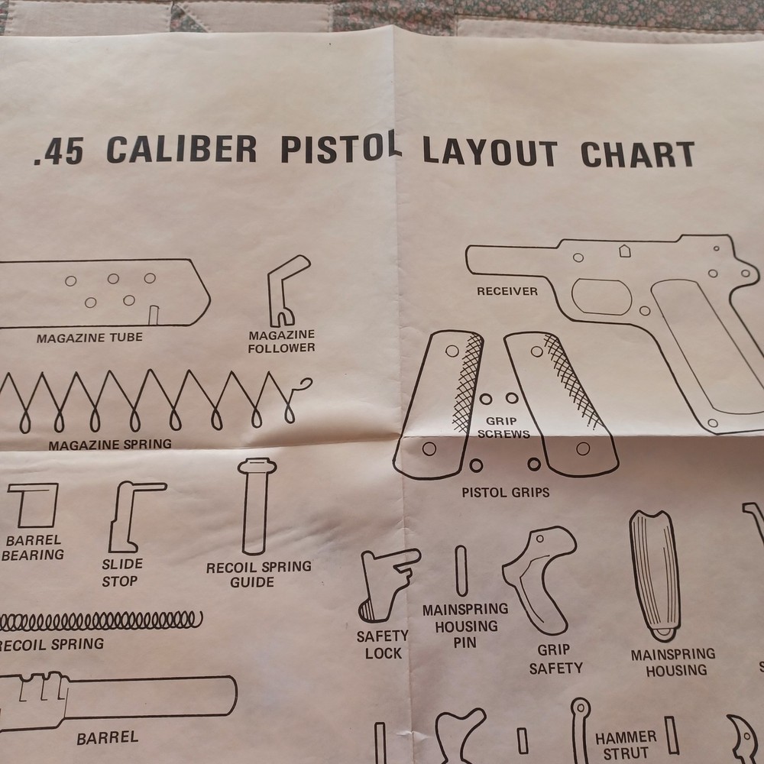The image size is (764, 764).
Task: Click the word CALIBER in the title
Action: pos(182,149)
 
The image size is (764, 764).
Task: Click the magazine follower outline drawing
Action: pos(286,290)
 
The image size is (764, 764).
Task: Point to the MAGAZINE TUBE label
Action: pos(89,337)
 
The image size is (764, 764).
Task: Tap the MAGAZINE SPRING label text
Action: pos(110,444)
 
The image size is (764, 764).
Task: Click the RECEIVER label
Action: pos(507,291)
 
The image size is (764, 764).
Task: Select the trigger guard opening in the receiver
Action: pos(601,296)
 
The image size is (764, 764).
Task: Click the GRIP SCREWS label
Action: pos(502,428)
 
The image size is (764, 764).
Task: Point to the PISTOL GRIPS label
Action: pos(505,493)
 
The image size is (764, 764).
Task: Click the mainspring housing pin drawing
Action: pos(461,570)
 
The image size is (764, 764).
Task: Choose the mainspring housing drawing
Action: pos(656,574)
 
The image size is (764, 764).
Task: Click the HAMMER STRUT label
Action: pos(626,746)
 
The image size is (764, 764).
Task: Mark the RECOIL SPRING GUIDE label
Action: pos(258,575)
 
